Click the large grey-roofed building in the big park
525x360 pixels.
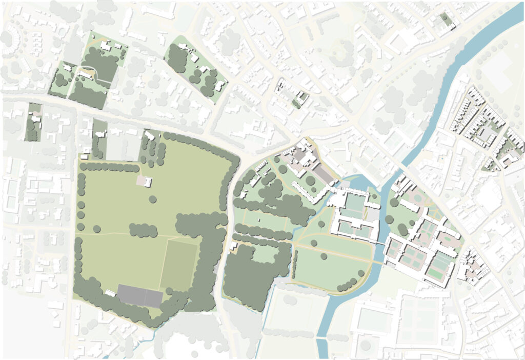(x=139, y=295)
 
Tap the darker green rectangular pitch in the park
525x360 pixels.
(x=179, y=265)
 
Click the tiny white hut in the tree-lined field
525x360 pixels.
(x=259, y=221)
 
